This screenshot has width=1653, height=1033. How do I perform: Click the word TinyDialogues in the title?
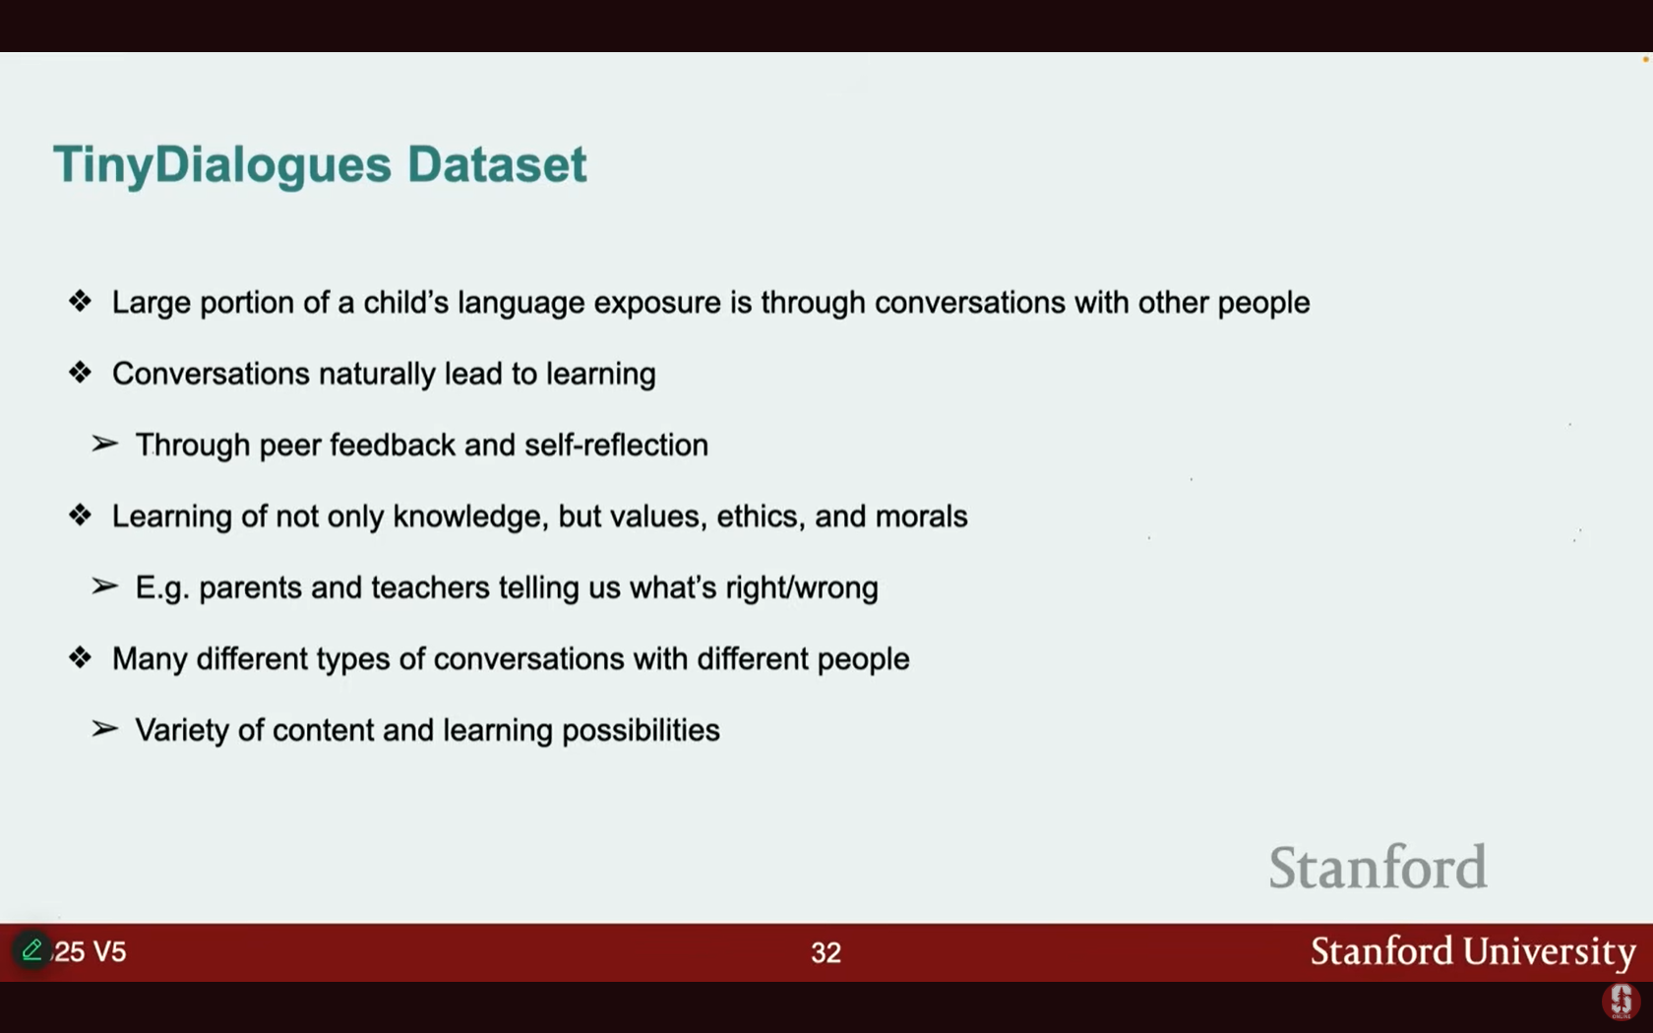222,165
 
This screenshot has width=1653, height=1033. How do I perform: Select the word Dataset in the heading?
497,163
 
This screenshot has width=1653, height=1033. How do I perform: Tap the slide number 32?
826,952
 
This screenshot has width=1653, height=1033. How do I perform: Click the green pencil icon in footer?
31,949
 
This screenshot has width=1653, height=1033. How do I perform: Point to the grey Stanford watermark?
1377,867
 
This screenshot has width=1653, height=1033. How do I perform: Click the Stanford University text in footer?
1473,951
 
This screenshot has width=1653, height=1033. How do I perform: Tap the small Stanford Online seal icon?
1621,1002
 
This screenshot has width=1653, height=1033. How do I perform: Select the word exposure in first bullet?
657,304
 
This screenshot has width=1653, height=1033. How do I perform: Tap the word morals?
921,516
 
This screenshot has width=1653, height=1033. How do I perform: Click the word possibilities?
641,730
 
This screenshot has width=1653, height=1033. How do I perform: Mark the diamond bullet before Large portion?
80,301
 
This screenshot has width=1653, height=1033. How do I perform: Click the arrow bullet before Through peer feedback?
104,444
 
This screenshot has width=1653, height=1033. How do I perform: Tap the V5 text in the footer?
109,952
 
